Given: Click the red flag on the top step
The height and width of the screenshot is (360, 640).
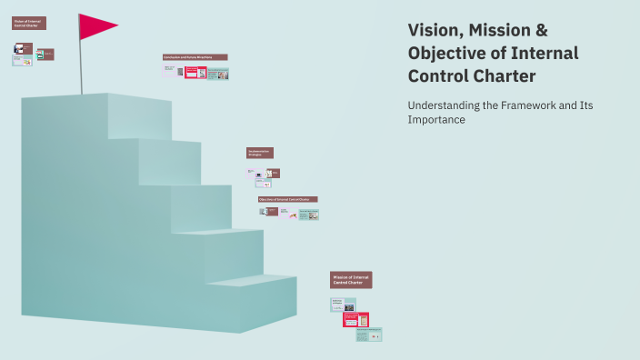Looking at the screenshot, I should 95,26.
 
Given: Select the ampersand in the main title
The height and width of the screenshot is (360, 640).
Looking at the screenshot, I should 541,31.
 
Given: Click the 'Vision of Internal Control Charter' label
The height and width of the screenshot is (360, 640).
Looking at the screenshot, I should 29,23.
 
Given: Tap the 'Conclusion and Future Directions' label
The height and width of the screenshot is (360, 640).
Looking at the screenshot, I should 195,57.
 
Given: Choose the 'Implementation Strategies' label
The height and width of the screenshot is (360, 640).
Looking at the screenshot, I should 259,153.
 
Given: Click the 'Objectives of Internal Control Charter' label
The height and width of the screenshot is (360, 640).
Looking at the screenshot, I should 287,198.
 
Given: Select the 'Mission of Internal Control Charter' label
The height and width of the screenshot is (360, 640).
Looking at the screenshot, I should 351,280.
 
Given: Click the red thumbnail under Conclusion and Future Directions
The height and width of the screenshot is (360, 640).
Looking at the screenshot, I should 195,72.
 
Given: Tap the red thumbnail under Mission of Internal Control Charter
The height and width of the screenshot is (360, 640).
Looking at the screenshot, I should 355,319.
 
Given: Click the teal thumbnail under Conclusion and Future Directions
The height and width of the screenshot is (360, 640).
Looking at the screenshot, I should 218,74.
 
